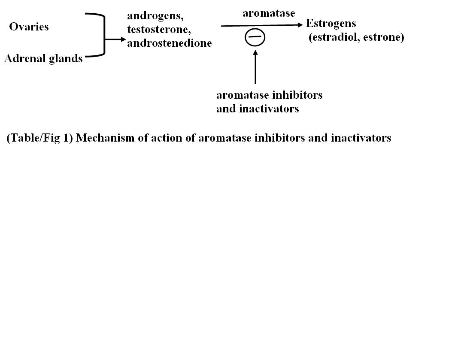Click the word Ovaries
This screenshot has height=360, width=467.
[29, 27]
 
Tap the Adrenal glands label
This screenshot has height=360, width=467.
[43, 59]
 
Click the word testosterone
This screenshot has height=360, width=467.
[158, 30]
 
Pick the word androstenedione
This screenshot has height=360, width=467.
[169, 43]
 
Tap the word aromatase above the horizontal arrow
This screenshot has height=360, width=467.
[269, 13]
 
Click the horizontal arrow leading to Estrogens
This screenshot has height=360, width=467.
[262, 26]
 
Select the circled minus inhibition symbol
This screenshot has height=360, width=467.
[255, 37]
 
